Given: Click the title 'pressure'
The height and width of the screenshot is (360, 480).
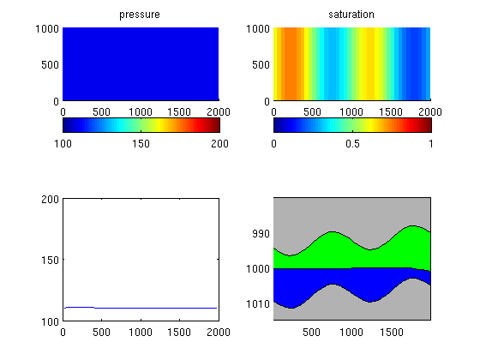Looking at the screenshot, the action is [x=140, y=15].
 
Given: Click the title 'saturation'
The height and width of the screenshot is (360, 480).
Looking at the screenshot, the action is [x=351, y=15].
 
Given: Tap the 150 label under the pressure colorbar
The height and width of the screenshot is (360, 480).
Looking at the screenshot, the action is [x=141, y=144].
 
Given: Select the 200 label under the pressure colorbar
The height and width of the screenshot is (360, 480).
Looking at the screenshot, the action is [x=219, y=144].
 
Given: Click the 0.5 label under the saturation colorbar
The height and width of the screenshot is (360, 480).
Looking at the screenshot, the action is [x=352, y=144].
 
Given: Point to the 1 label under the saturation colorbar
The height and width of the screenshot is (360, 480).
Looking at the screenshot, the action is [x=430, y=144].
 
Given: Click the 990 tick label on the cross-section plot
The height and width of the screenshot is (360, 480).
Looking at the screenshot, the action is [x=261, y=233].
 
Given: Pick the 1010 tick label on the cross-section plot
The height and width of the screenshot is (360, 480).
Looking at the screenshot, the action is [x=258, y=304].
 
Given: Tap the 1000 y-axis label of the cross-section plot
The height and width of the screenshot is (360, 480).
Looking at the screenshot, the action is [x=258, y=269].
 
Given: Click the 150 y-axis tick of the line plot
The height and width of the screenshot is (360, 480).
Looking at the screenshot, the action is [x=50, y=261].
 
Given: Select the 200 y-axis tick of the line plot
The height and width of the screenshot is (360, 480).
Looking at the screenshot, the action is [x=50, y=199].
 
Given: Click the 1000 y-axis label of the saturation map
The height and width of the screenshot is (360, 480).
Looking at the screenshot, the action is [x=258, y=29].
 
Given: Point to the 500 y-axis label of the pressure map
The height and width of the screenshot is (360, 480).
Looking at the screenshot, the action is [x=50, y=64].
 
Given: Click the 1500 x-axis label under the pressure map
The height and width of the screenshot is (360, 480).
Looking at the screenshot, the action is [x=179, y=111].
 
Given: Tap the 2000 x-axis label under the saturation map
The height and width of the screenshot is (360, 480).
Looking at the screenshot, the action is [x=430, y=111].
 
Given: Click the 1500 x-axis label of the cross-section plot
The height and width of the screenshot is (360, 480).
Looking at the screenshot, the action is [x=391, y=333].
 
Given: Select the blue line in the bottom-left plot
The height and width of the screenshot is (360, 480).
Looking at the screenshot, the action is [x=141, y=308].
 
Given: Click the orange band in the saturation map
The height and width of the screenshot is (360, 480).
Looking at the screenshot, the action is [x=291, y=63].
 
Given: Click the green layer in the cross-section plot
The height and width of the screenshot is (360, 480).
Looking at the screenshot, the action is [x=352, y=254].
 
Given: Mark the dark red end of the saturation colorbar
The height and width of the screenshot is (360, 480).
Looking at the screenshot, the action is [x=428, y=125].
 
